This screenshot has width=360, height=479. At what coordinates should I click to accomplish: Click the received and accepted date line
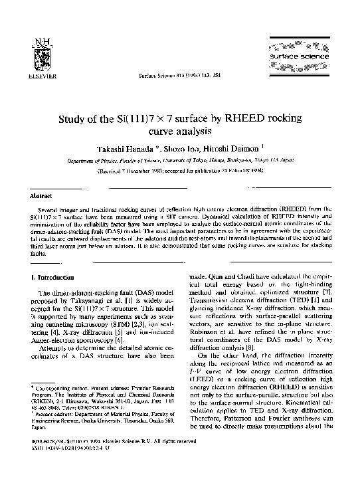point(179,170)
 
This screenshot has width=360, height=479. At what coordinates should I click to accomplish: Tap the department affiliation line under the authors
point(179,160)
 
